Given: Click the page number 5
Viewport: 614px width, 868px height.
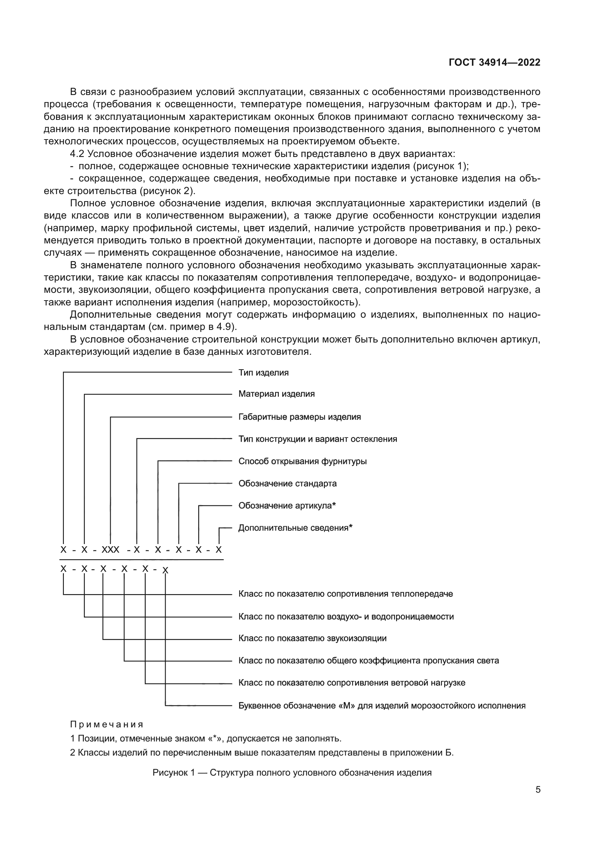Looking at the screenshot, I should click(538, 789).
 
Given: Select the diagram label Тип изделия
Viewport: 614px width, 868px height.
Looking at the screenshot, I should click(263, 373).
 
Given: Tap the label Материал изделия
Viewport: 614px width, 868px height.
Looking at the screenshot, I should click(277, 394).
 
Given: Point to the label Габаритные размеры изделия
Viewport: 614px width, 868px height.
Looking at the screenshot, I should click(300, 417).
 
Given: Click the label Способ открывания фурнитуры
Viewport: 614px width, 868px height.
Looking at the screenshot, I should click(303, 461).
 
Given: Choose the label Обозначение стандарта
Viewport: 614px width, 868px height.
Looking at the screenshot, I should click(287, 484).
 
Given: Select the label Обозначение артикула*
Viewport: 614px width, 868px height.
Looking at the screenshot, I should click(287, 506).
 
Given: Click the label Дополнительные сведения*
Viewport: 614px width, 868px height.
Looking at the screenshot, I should click(295, 528).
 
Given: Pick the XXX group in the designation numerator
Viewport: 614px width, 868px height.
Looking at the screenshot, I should click(110, 550).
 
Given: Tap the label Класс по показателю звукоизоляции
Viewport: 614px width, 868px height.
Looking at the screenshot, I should click(312, 639).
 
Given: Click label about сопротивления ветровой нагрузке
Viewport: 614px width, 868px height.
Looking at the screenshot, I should click(352, 683).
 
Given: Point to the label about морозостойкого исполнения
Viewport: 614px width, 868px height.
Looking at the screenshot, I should click(382, 706).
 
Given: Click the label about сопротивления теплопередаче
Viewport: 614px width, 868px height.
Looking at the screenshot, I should click(346, 594).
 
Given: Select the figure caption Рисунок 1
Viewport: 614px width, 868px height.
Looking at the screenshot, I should click(292, 773).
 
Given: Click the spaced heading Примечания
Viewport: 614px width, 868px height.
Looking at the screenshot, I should click(107, 725).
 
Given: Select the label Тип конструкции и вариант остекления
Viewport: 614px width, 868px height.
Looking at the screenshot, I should click(318, 439).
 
